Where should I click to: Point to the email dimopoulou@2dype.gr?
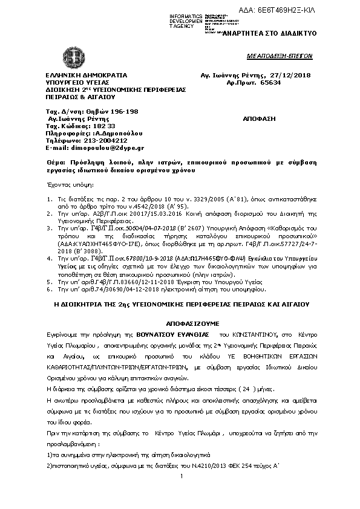pos(108,147)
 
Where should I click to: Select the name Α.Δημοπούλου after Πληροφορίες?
pos(113,133)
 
